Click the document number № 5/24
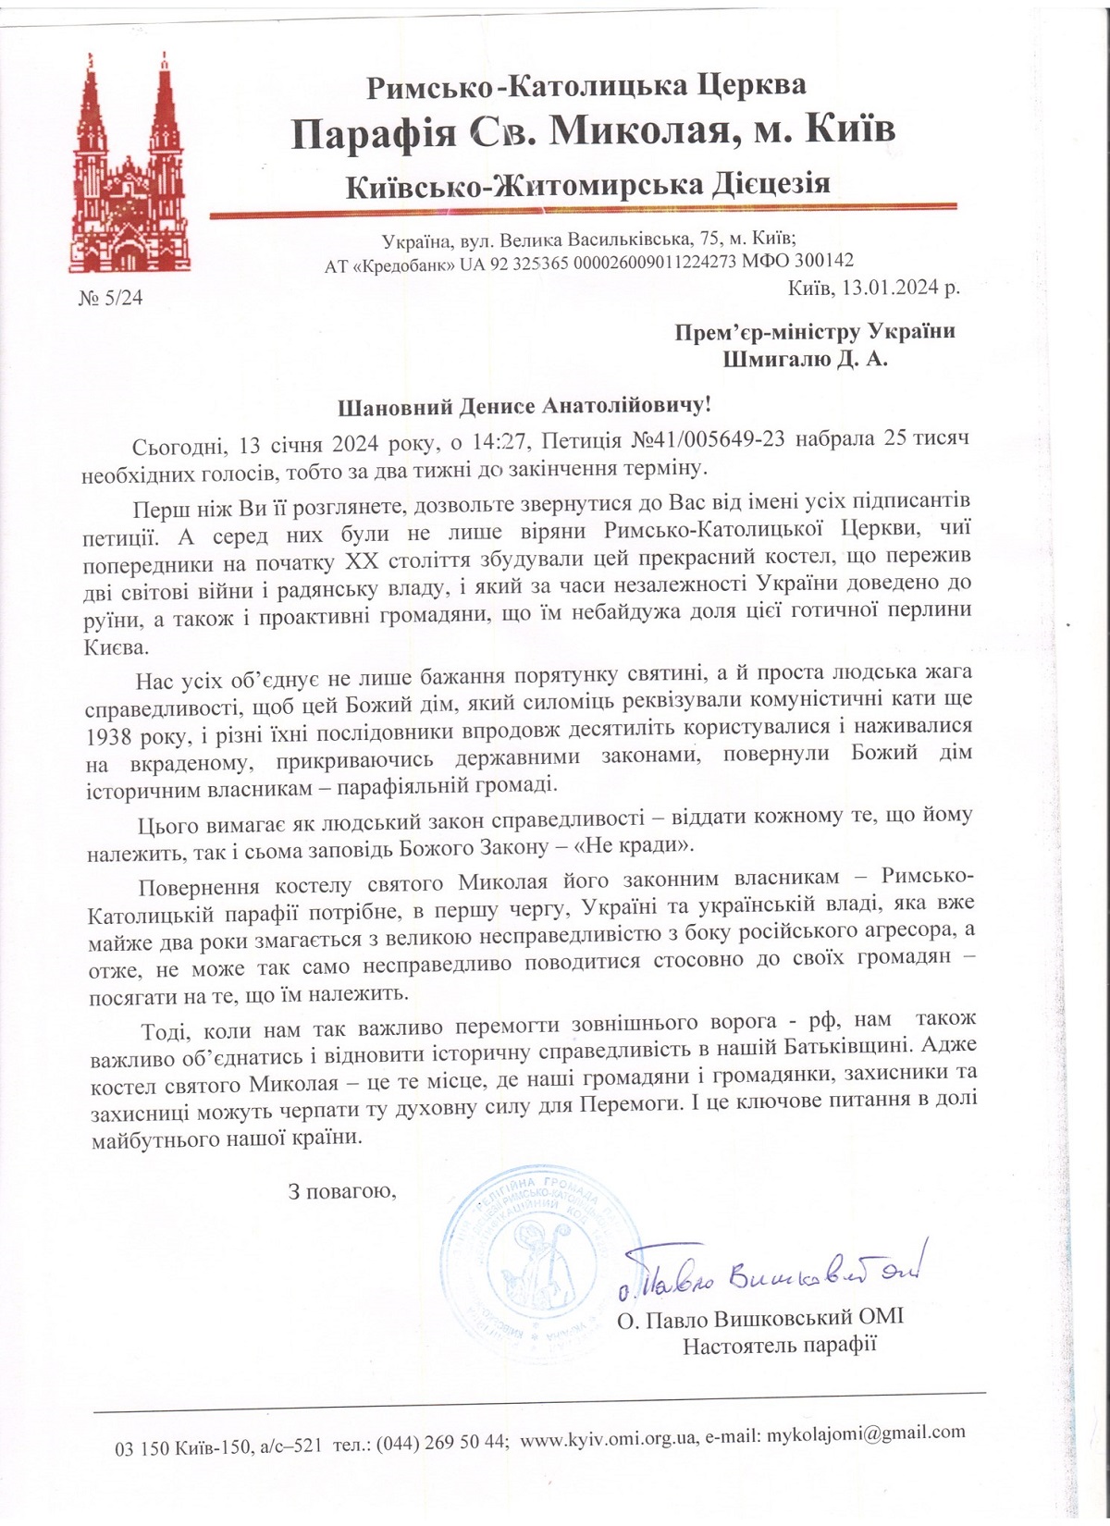coord(111,299)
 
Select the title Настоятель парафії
coord(779,1346)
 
